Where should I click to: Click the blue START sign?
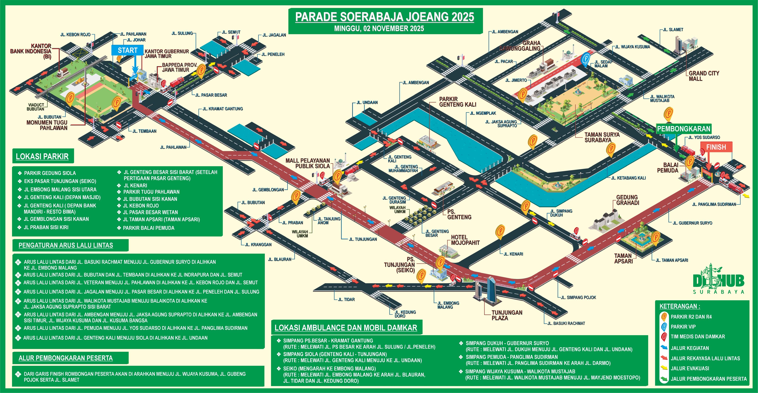tap(127, 50)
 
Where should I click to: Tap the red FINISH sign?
tap(716, 147)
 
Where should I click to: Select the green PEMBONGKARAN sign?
tap(683, 129)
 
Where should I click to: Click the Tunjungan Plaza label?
tap(507, 315)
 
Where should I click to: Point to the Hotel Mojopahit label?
tap(465, 240)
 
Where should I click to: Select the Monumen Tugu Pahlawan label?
tap(47, 125)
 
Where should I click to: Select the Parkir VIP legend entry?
tap(683, 327)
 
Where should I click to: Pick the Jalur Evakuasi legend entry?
tap(690, 369)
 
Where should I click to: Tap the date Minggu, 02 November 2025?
tap(379, 29)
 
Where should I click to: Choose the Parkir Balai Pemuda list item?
tap(149, 228)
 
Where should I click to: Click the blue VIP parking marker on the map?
tap(586, 58)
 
